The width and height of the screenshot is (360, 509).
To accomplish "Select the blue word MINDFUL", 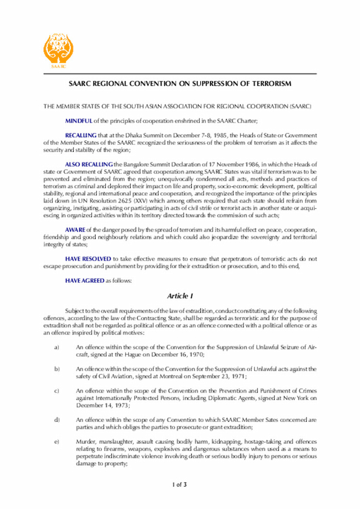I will click(78, 121).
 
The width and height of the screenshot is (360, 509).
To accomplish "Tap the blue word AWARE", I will click(75, 229).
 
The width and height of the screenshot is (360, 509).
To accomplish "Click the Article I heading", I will click(179, 296).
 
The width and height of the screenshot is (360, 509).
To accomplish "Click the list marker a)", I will click(56, 348).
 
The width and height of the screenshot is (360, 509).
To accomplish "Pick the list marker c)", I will click(56, 390).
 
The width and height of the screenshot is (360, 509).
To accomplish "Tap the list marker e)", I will click(56, 442).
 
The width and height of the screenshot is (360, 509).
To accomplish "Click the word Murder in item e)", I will click(86, 442).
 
